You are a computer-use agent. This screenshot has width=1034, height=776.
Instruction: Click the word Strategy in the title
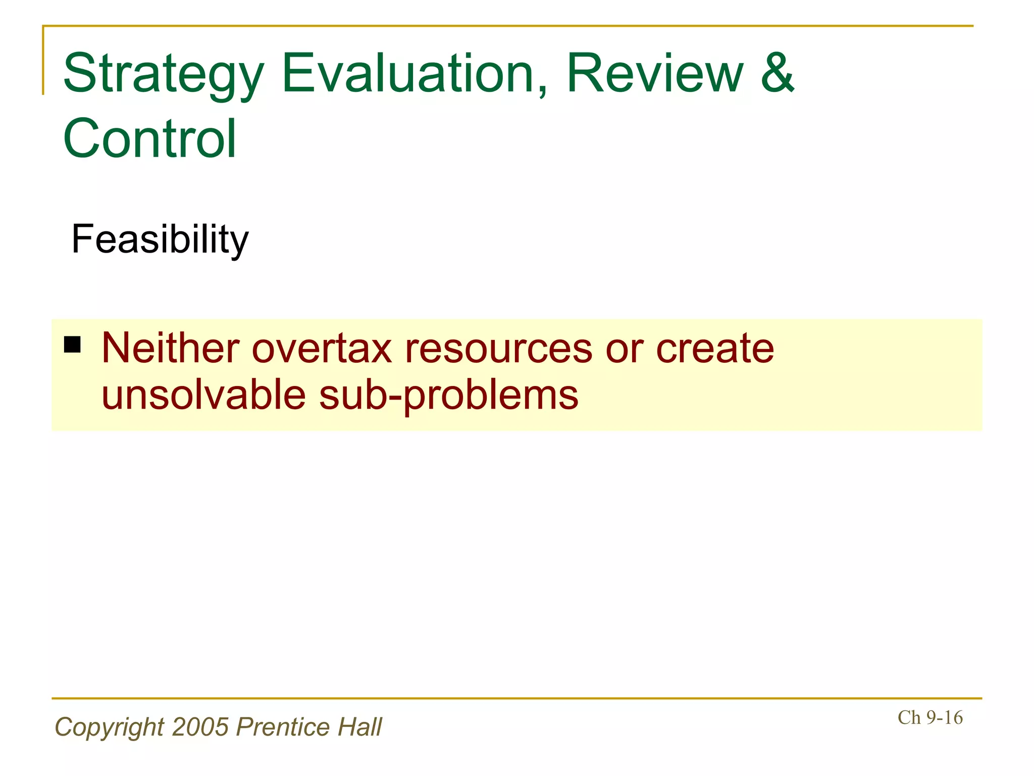pyautogui.click(x=163, y=75)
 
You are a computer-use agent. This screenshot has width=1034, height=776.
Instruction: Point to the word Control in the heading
pyautogui.click(x=149, y=138)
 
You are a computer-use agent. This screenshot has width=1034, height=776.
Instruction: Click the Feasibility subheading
pyautogui.click(x=160, y=239)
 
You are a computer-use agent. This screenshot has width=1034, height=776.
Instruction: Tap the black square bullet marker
pyautogui.click(x=72, y=345)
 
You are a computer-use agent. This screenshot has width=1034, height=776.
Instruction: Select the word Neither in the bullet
pyautogui.click(x=170, y=349)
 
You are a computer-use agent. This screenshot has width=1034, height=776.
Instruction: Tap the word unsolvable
pyautogui.click(x=203, y=395)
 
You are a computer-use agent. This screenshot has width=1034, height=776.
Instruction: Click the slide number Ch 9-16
pyautogui.click(x=930, y=718)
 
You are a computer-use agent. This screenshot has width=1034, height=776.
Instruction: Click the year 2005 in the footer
pyautogui.click(x=200, y=727)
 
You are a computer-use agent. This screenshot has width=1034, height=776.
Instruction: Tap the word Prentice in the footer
pyautogui.click(x=283, y=727)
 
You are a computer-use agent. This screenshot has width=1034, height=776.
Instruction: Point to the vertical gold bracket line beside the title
pyautogui.click(x=43, y=61)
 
